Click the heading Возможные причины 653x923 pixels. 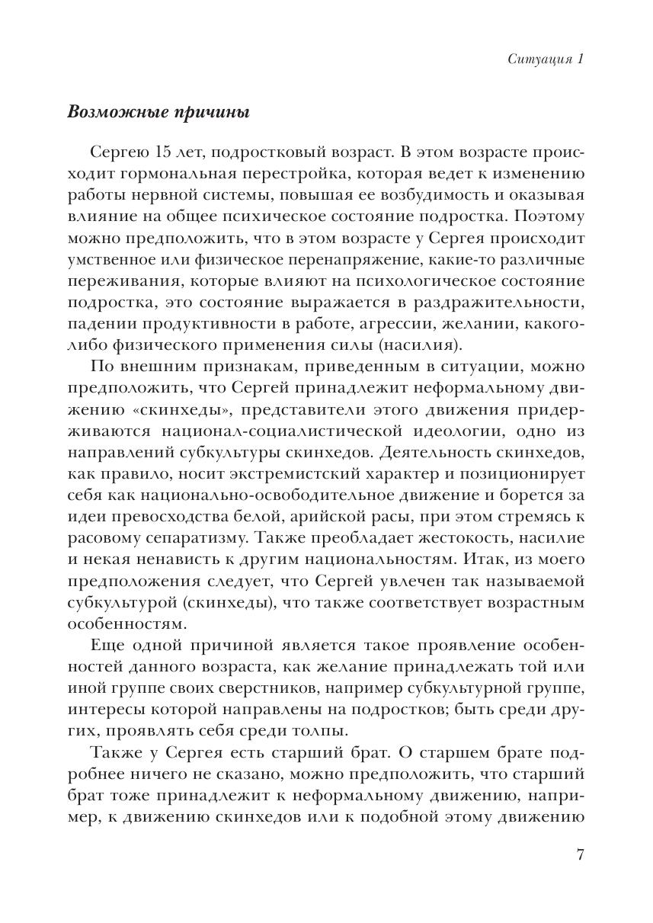coord(158,112)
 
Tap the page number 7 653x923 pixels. coord(580,854)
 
